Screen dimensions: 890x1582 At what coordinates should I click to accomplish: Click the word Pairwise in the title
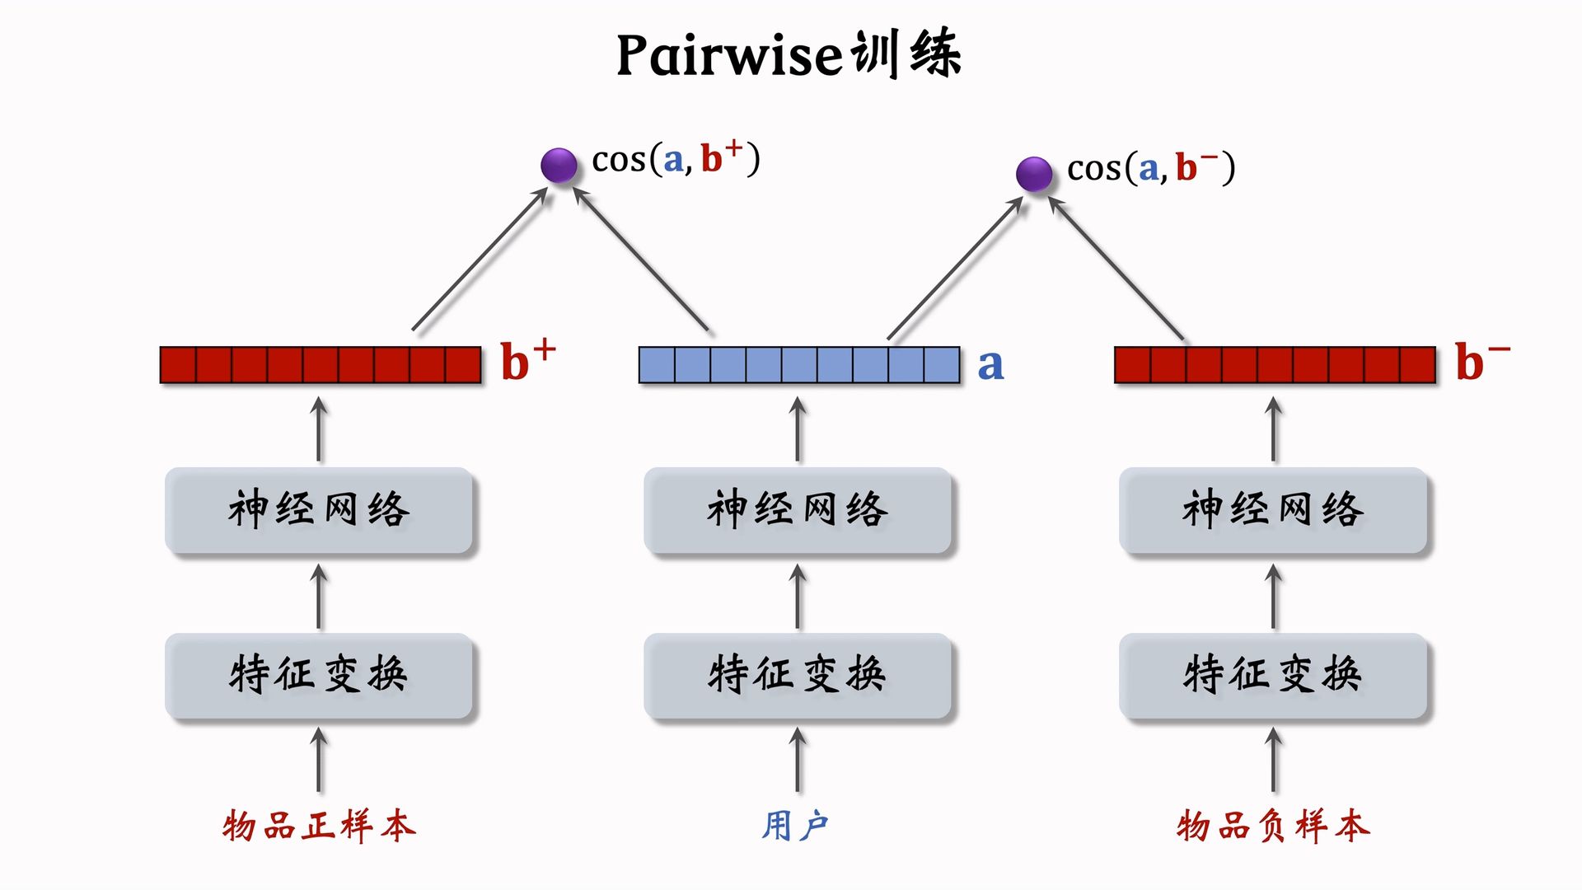pyautogui.click(x=729, y=56)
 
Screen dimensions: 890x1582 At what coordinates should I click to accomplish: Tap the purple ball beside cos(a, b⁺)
pyautogui.click(x=559, y=165)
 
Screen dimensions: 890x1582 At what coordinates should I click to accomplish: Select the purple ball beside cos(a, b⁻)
pyautogui.click(x=1034, y=174)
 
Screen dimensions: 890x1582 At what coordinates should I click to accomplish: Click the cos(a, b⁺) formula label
pyautogui.click(x=676, y=158)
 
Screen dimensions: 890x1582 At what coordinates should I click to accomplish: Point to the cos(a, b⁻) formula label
pyautogui.click(x=1151, y=167)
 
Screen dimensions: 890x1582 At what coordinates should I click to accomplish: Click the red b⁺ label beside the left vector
pyautogui.click(x=527, y=361)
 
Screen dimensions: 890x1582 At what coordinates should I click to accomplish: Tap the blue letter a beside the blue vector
pyautogui.click(x=990, y=365)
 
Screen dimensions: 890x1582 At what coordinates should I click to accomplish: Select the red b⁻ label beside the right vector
pyautogui.click(x=1481, y=361)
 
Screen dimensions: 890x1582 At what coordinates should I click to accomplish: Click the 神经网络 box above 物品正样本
pyautogui.click(x=319, y=509)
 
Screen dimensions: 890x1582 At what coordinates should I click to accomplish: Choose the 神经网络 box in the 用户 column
pyautogui.click(x=798, y=509)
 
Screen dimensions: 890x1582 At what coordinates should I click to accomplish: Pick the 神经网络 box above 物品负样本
pyautogui.click(x=1273, y=509)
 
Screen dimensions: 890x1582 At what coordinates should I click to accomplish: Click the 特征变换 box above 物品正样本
pyautogui.click(x=319, y=675)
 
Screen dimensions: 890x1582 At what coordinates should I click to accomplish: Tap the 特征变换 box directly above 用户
pyautogui.click(x=798, y=675)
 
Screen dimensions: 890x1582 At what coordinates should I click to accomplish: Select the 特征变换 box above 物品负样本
pyautogui.click(x=1273, y=675)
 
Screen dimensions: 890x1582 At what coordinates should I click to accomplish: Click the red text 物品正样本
pyautogui.click(x=319, y=826)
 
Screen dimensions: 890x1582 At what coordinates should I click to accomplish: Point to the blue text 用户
pyautogui.click(x=795, y=826)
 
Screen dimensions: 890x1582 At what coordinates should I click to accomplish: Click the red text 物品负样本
pyautogui.click(x=1273, y=826)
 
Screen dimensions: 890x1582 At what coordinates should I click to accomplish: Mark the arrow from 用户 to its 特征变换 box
pyautogui.click(x=798, y=760)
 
